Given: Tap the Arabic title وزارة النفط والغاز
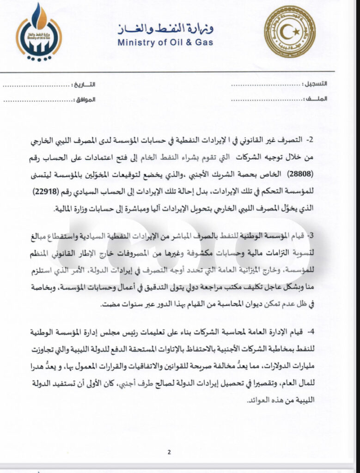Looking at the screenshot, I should click(x=165, y=29).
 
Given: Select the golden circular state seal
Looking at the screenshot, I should click(x=290, y=32).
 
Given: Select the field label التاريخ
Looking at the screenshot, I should click(x=85, y=85).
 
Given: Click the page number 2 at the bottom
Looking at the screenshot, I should click(x=169, y=452).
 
